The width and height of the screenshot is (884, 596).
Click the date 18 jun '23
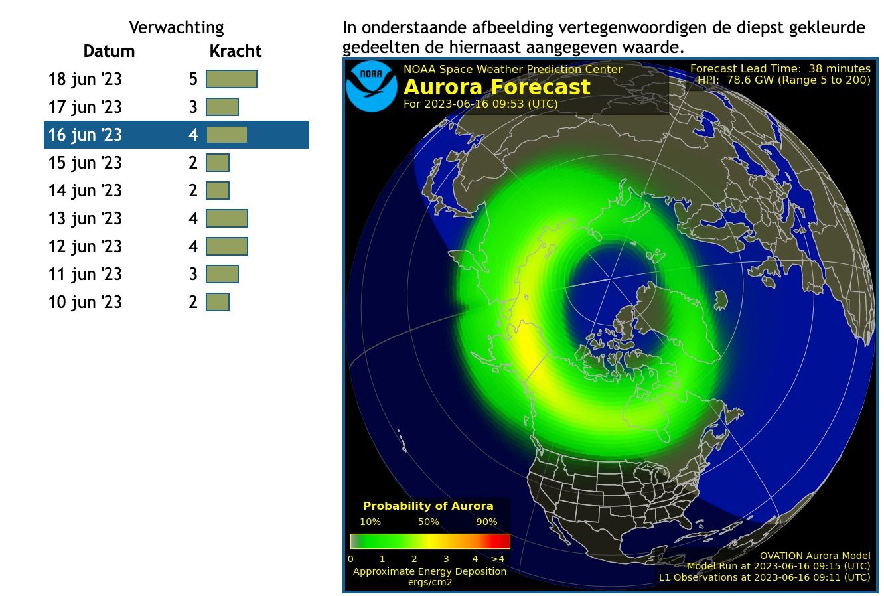pyautogui.click(x=85, y=80)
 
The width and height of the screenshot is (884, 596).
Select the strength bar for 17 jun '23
pyautogui.click(x=222, y=107)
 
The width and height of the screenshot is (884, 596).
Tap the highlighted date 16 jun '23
pyautogui.click(x=85, y=135)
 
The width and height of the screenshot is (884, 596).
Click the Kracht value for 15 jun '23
pyautogui.click(x=193, y=163)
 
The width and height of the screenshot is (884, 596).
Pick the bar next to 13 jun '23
pyautogui.click(x=227, y=218)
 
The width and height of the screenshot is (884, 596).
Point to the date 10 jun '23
pyautogui.click(x=85, y=303)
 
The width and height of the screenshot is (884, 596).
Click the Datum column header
pyautogui.click(x=109, y=51)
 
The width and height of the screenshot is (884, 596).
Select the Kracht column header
pyautogui.click(x=236, y=51)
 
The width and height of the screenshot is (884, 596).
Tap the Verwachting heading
pyautogui.click(x=177, y=28)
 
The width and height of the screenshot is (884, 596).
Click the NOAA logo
pyautogui.click(x=372, y=86)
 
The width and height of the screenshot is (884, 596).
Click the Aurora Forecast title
pyautogui.click(x=497, y=87)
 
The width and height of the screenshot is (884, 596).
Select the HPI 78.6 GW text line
pyautogui.click(x=784, y=80)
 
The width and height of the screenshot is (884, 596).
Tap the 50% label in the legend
pyautogui.click(x=429, y=522)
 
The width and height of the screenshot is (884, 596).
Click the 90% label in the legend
pyautogui.click(x=486, y=522)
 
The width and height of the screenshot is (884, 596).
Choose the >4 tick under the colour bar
pyautogui.click(x=498, y=559)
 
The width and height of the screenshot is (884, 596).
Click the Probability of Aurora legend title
pyautogui.click(x=428, y=506)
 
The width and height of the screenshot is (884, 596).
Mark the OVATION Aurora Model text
pyautogui.click(x=815, y=556)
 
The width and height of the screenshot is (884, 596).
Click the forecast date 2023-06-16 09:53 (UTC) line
pyautogui.click(x=480, y=104)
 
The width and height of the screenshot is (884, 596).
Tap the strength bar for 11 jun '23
pyautogui.click(x=222, y=274)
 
